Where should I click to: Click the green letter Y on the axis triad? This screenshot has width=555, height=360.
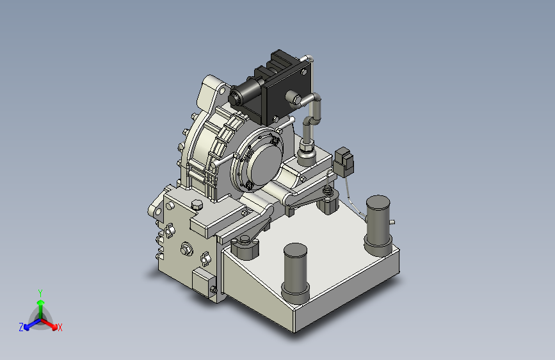pos(40,293)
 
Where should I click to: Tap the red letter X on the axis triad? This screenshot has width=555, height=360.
pos(60,327)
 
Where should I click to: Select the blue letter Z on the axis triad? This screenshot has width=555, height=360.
pos(21,327)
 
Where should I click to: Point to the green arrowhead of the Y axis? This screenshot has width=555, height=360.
pos(41,302)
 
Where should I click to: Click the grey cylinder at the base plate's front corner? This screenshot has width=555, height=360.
pos(296,272)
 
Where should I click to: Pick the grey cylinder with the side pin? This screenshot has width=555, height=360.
pos(378,225)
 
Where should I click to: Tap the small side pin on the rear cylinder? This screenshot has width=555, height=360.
pos(392,222)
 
